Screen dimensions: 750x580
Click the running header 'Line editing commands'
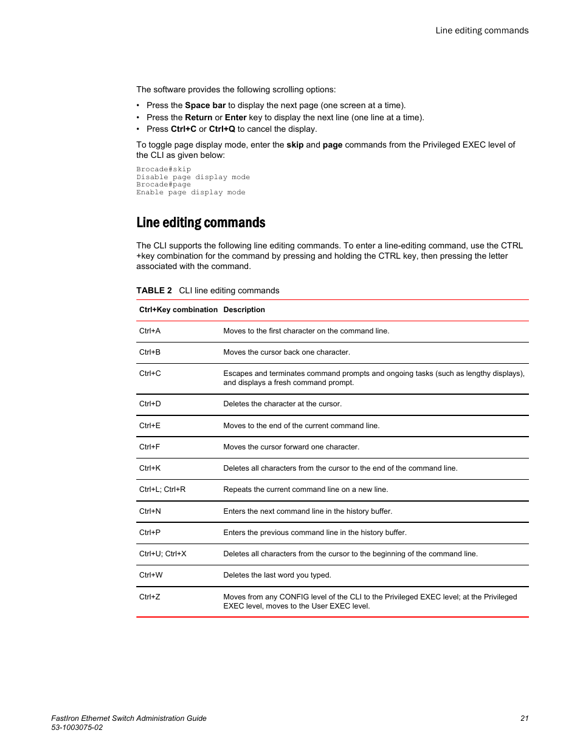click(x=482, y=30)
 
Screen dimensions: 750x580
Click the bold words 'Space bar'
click(x=205, y=105)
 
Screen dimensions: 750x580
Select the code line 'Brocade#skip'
click(x=164, y=169)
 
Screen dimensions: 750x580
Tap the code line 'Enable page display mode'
click(x=191, y=193)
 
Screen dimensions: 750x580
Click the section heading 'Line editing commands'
click(x=201, y=223)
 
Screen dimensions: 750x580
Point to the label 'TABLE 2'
click(x=154, y=291)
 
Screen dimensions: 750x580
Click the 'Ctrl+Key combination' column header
click(x=178, y=310)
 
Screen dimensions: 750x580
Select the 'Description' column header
click(x=244, y=310)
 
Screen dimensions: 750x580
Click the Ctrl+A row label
click(x=150, y=331)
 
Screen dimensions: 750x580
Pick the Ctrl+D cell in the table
click(x=150, y=404)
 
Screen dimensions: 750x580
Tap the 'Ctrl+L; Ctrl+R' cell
click(x=162, y=489)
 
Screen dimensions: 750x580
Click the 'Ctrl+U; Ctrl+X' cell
click(x=162, y=554)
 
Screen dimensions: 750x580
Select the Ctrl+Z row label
click(x=150, y=597)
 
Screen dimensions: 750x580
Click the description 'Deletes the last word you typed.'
click(x=277, y=575)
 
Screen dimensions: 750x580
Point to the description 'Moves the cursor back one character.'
click(x=286, y=352)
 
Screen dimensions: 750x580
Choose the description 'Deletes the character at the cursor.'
click(x=282, y=404)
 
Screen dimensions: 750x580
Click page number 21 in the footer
click(x=524, y=718)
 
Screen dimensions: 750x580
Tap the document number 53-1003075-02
click(x=77, y=728)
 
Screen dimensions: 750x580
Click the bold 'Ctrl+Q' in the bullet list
click(x=222, y=129)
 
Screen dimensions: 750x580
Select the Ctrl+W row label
click(x=151, y=575)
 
